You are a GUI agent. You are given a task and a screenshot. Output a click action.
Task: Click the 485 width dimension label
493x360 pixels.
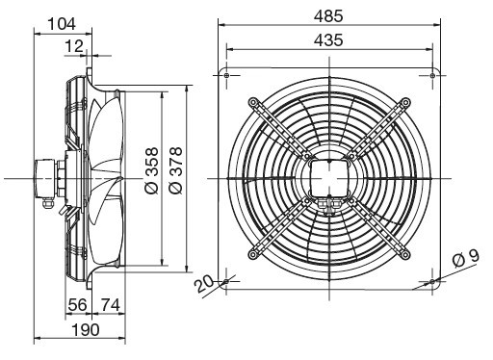(328, 16)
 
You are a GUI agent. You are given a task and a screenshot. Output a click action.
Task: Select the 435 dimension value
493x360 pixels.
(328, 40)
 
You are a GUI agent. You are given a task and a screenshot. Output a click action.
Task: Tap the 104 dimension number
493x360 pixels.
(62, 24)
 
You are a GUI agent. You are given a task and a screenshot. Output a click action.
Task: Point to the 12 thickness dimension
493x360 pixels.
(74, 46)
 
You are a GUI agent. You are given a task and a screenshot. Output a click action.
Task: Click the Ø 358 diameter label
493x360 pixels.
(152, 170)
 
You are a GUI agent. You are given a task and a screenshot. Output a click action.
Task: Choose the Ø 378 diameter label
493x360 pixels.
(176, 170)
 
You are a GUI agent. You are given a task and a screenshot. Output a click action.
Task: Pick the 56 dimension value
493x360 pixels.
(77, 304)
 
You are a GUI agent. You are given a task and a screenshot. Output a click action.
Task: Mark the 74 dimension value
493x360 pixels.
(111, 304)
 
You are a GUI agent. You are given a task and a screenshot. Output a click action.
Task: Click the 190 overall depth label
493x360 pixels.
(86, 330)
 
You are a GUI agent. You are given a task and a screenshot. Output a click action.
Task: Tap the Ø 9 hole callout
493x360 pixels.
(466, 258)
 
